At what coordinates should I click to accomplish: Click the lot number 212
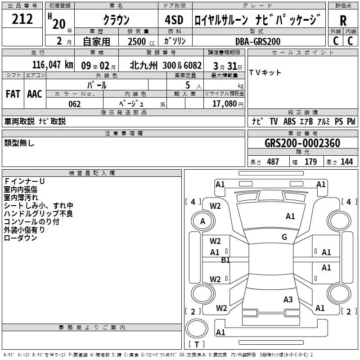[22, 19]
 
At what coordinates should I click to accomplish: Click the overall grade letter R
[343, 21]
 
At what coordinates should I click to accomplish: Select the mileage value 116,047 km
[53, 65]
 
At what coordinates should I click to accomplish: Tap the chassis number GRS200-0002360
[302, 143]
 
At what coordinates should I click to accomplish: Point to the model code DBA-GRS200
[258, 41]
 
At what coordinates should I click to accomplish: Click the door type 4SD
[174, 20]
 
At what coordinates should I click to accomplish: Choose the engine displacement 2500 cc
[141, 41]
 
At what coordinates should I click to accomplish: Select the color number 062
[75, 104]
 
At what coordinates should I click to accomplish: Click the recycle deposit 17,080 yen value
[228, 104]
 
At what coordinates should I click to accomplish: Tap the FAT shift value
[13, 94]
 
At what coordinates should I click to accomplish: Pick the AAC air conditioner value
[35, 94]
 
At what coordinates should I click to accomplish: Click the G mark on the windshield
[284, 237]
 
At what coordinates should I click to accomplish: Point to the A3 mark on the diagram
[288, 300]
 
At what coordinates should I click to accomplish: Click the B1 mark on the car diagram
[225, 260]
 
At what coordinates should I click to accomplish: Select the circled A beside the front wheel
[203, 221]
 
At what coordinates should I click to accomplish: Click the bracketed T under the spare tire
[197, 344]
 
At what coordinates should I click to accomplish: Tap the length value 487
[273, 162]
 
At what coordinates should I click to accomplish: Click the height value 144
[346, 162]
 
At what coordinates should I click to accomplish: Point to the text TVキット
[265, 73]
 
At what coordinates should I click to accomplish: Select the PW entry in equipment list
[351, 121]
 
